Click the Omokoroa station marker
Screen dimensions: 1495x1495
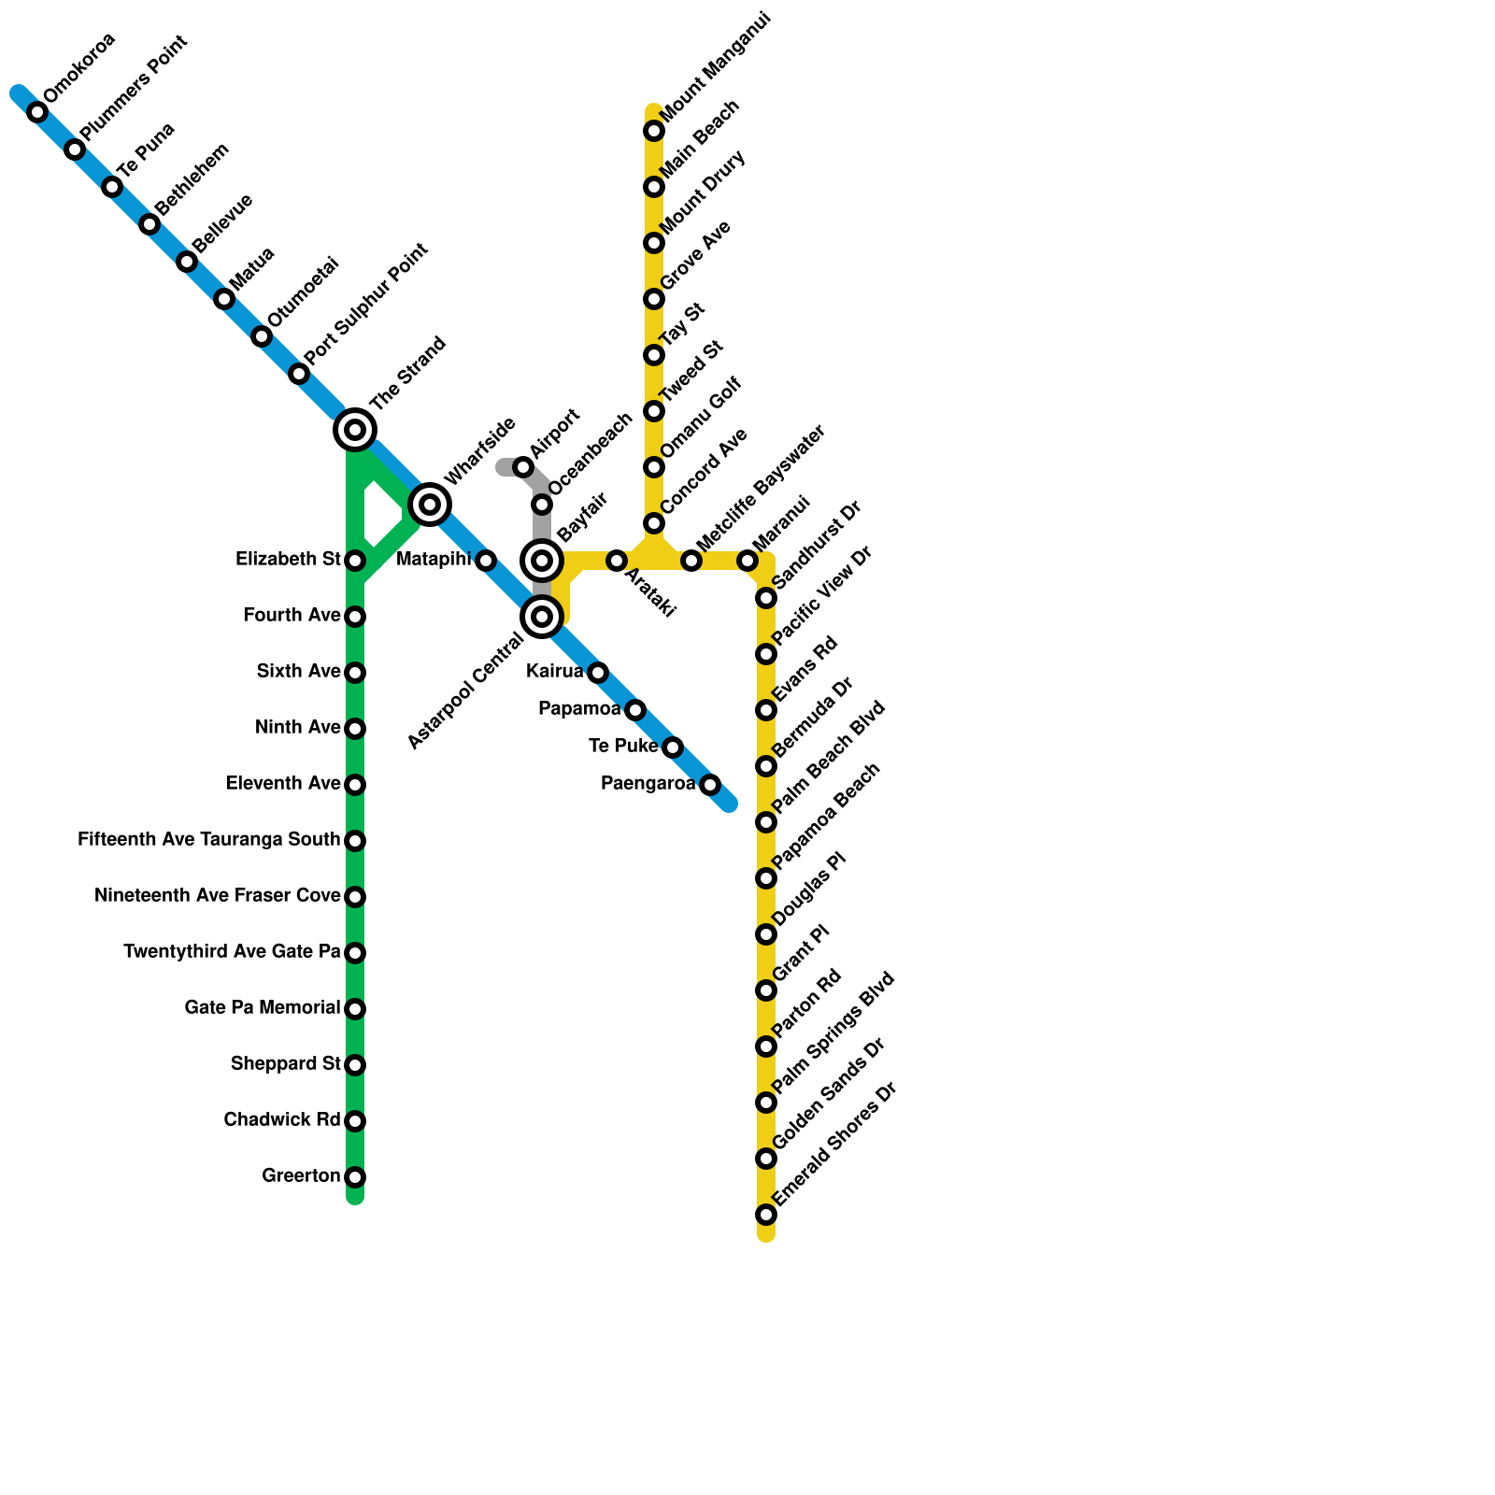pyautogui.click(x=37, y=112)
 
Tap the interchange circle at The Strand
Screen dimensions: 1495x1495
pyautogui.click(x=355, y=430)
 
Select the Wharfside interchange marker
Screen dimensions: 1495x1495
pyautogui.click(x=430, y=505)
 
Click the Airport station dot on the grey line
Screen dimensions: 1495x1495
pyautogui.click(x=523, y=467)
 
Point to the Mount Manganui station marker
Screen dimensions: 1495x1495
pyautogui.click(x=654, y=131)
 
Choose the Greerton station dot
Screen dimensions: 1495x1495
pyautogui.click(x=355, y=1177)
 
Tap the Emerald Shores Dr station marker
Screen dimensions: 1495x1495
pyautogui.click(x=766, y=1215)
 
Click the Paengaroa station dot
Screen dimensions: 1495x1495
pyautogui.click(x=710, y=785)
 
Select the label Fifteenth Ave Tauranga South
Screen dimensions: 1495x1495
pyautogui.click(x=208, y=840)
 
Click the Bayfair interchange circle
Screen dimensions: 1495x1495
pyautogui.click(x=542, y=561)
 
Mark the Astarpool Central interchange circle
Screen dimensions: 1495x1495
pyautogui.click(x=542, y=617)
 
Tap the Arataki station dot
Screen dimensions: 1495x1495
pyautogui.click(x=617, y=561)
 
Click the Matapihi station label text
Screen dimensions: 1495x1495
pyautogui.click(x=434, y=560)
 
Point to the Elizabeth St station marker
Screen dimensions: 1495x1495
pyautogui.click(x=355, y=561)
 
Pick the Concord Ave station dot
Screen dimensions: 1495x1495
pyautogui.click(x=654, y=523)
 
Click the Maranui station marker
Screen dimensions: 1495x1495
pyautogui.click(x=747, y=561)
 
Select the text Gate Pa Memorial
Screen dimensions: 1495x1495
pyautogui.click(x=262, y=1008)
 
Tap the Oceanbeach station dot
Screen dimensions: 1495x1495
pyautogui.click(x=542, y=505)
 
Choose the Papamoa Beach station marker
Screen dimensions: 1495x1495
pyautogui.click(x=766, y=878)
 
